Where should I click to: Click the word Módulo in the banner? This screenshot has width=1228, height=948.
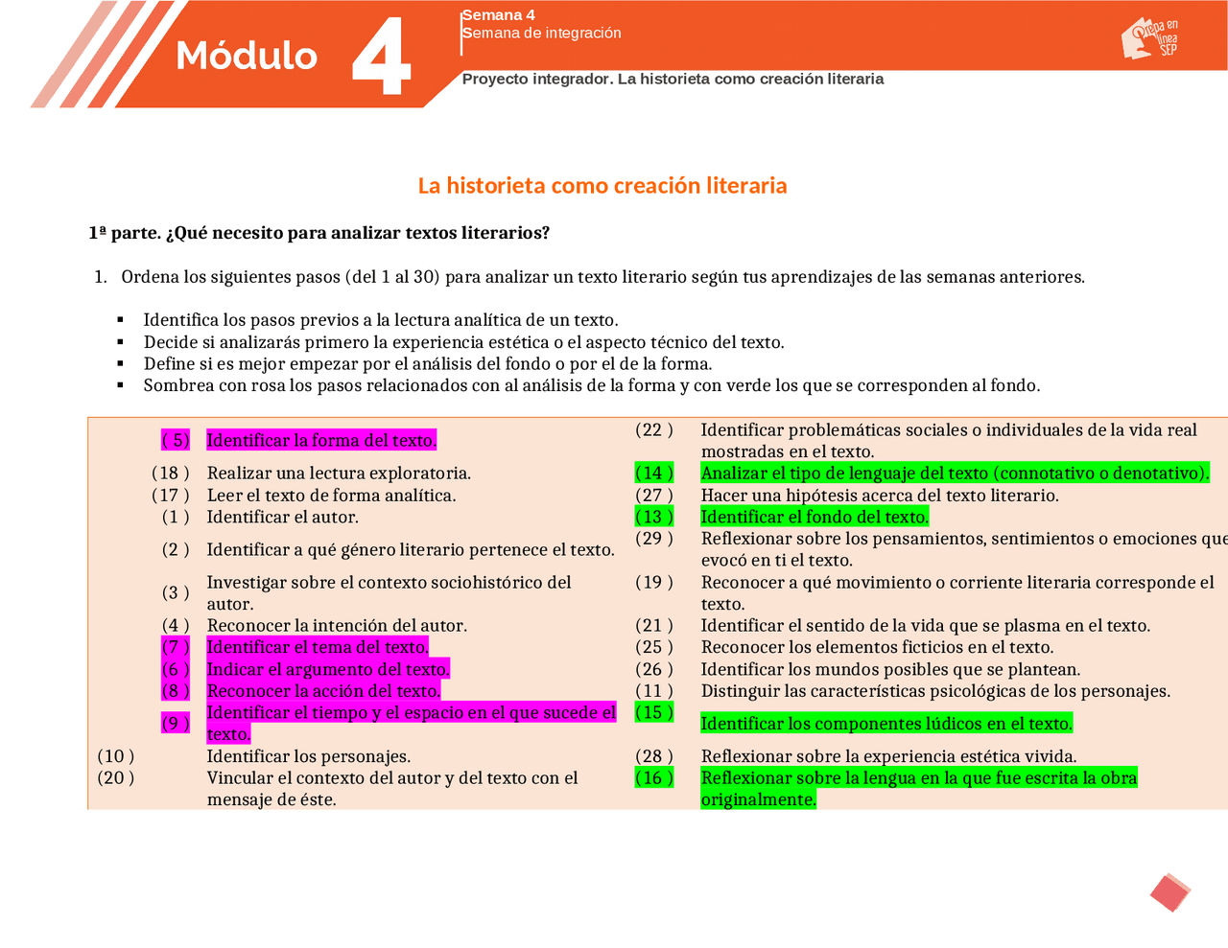(247, 56)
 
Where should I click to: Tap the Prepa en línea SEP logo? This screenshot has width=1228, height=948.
(1150, 39)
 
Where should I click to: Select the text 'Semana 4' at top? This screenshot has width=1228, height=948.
(499, 15)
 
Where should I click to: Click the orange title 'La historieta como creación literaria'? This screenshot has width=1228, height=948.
(602, 186)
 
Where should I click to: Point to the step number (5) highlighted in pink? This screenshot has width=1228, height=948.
(176, 440)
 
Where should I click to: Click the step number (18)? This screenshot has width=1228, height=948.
(171, 473)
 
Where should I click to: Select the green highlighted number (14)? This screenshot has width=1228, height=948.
(654, 473)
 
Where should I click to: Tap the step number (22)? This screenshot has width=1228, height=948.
(654, 430)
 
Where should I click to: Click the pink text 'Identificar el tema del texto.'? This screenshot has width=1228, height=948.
(318, 647)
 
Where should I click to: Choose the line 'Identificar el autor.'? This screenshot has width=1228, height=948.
(283, 518)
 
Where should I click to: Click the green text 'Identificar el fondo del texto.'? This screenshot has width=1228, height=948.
(815, 518)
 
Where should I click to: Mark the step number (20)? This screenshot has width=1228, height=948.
(116, 778)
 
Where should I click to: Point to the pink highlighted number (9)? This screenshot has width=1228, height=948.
(176, 723)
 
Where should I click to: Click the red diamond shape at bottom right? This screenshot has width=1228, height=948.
(1169, 892)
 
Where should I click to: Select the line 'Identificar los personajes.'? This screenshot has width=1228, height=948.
(309, 756)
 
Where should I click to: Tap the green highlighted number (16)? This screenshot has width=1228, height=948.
(654, 778)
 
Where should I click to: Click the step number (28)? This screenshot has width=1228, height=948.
(654, 756)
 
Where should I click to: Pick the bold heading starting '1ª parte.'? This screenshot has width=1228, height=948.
(319, 233)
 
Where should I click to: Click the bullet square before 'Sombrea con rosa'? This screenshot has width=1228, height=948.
(121, 385)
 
